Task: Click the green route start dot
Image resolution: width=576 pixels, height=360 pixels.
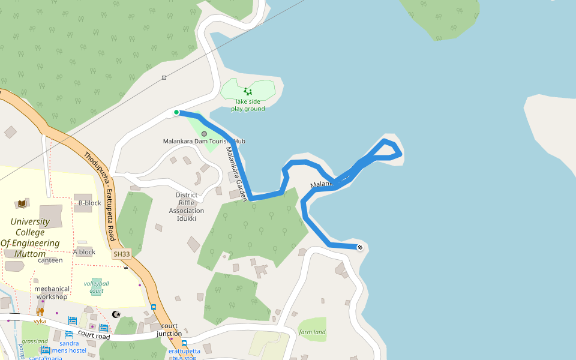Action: point(176,112)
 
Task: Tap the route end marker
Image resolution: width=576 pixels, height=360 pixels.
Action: point(360,247)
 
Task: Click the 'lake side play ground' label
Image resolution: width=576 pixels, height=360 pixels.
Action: point(248,105)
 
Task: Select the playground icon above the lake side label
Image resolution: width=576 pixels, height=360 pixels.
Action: point(248,92)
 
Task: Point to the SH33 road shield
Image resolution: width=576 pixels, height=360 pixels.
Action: point(121,254)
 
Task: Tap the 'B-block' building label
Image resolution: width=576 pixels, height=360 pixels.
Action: point(90,203)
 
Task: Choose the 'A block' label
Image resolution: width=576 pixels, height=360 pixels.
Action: point(84,251)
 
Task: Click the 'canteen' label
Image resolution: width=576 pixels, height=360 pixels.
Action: point(50,260)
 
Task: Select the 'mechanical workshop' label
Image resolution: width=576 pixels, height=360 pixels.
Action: point(52,293)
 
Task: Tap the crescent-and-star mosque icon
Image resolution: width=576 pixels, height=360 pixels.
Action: point(116,314)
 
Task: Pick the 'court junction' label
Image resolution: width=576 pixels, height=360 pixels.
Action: point(169,330)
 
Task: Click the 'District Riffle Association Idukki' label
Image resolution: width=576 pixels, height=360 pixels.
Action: point(187,207)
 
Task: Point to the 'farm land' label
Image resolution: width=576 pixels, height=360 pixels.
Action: point(312,332)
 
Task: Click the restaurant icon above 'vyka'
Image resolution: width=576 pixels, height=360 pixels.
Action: point(40,311)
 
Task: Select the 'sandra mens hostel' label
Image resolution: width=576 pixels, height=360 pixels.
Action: point(69,347)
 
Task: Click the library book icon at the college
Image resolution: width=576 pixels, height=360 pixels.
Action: point(22,204)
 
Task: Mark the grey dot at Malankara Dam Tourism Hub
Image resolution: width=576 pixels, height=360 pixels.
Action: point(204,134)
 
